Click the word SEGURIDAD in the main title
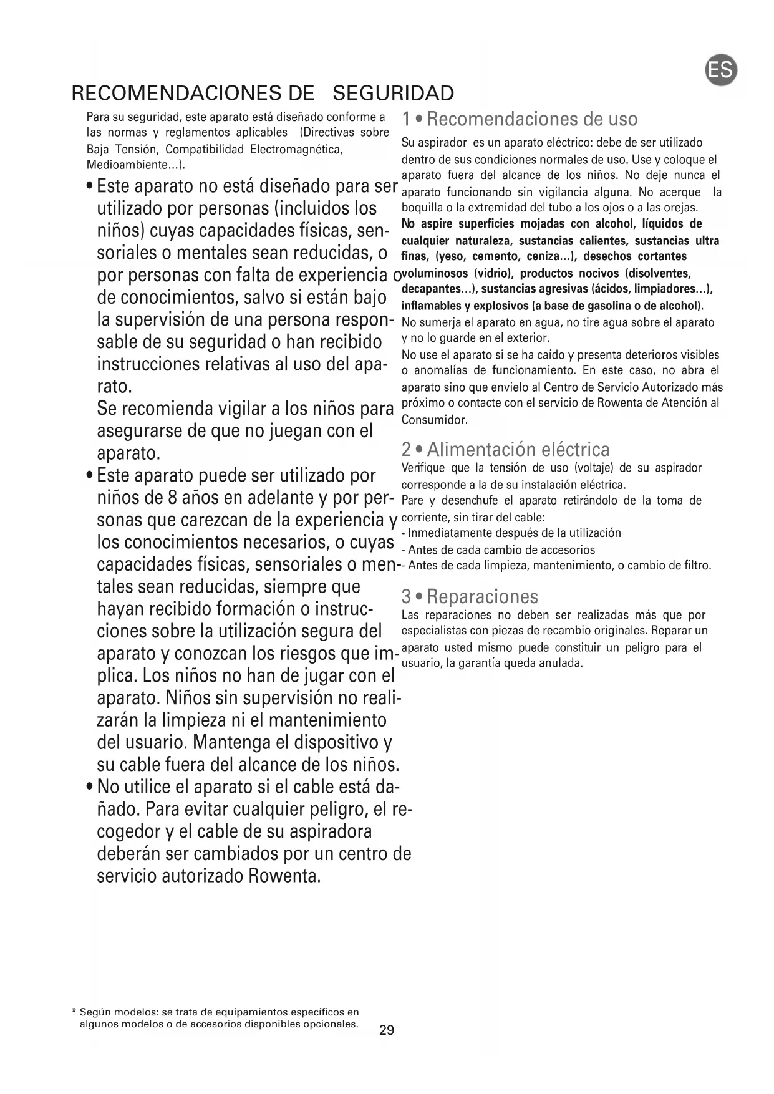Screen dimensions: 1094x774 tap(394, 94)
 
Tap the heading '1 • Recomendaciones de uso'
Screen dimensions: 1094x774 tap(520, 119)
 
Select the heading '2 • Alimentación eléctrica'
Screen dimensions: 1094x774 tap(506, 449)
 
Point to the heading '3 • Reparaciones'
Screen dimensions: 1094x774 tap(470, 597)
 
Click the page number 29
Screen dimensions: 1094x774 tap(387, 1030)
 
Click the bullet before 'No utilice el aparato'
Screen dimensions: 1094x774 tap(91, 786)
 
